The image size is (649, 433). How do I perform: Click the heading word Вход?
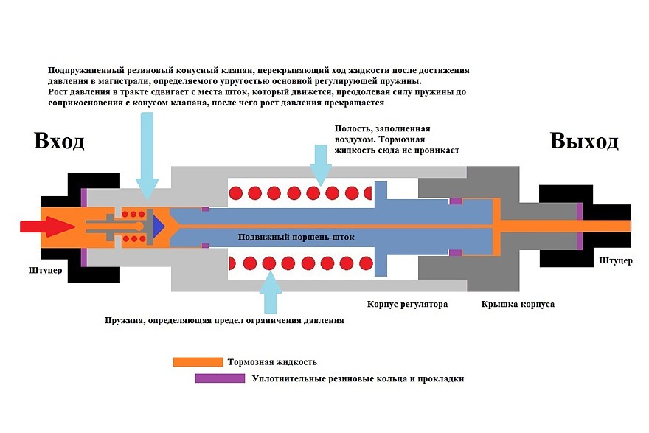click(x=59, y=141)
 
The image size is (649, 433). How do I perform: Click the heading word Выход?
click(x=584, y=141)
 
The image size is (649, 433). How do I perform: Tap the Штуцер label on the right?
click(x=615, y=260)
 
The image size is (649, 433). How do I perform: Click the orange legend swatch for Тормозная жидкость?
click(x=197, y=361)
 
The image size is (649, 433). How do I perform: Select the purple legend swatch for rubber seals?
click(x=219, y=378)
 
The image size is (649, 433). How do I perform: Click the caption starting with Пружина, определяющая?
click(x=224, y=321)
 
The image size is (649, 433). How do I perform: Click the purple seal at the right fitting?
click(x=580, y=225)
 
